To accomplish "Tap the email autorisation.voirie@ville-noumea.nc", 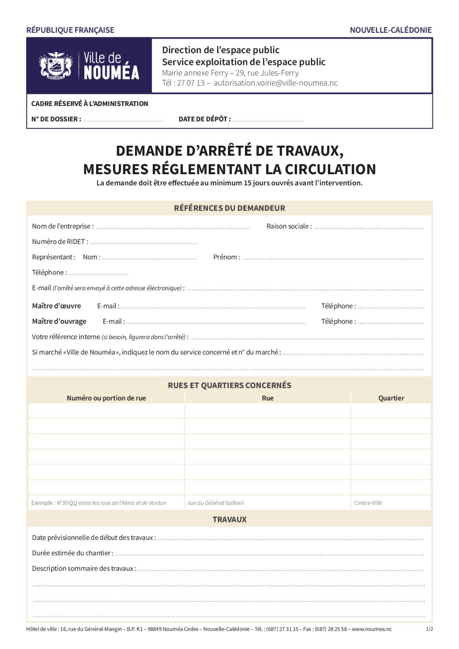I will (276, 83).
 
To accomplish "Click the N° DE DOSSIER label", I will (56, 119).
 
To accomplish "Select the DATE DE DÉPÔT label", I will (204, 119).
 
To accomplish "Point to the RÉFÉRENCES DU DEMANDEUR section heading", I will (229, 208).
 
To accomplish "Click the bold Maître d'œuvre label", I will (56, 306).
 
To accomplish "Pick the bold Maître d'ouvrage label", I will (59, 321).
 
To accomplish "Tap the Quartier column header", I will (391, 398).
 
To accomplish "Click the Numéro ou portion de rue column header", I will (106, 398).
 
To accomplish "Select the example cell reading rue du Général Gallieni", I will (216, 503).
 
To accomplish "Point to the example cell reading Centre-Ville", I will (368, 503).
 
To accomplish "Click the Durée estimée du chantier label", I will (72, 553).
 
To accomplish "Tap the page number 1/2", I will (429, 629).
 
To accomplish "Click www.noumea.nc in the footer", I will (371, 629).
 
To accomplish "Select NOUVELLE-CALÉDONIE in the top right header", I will (390, 30).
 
